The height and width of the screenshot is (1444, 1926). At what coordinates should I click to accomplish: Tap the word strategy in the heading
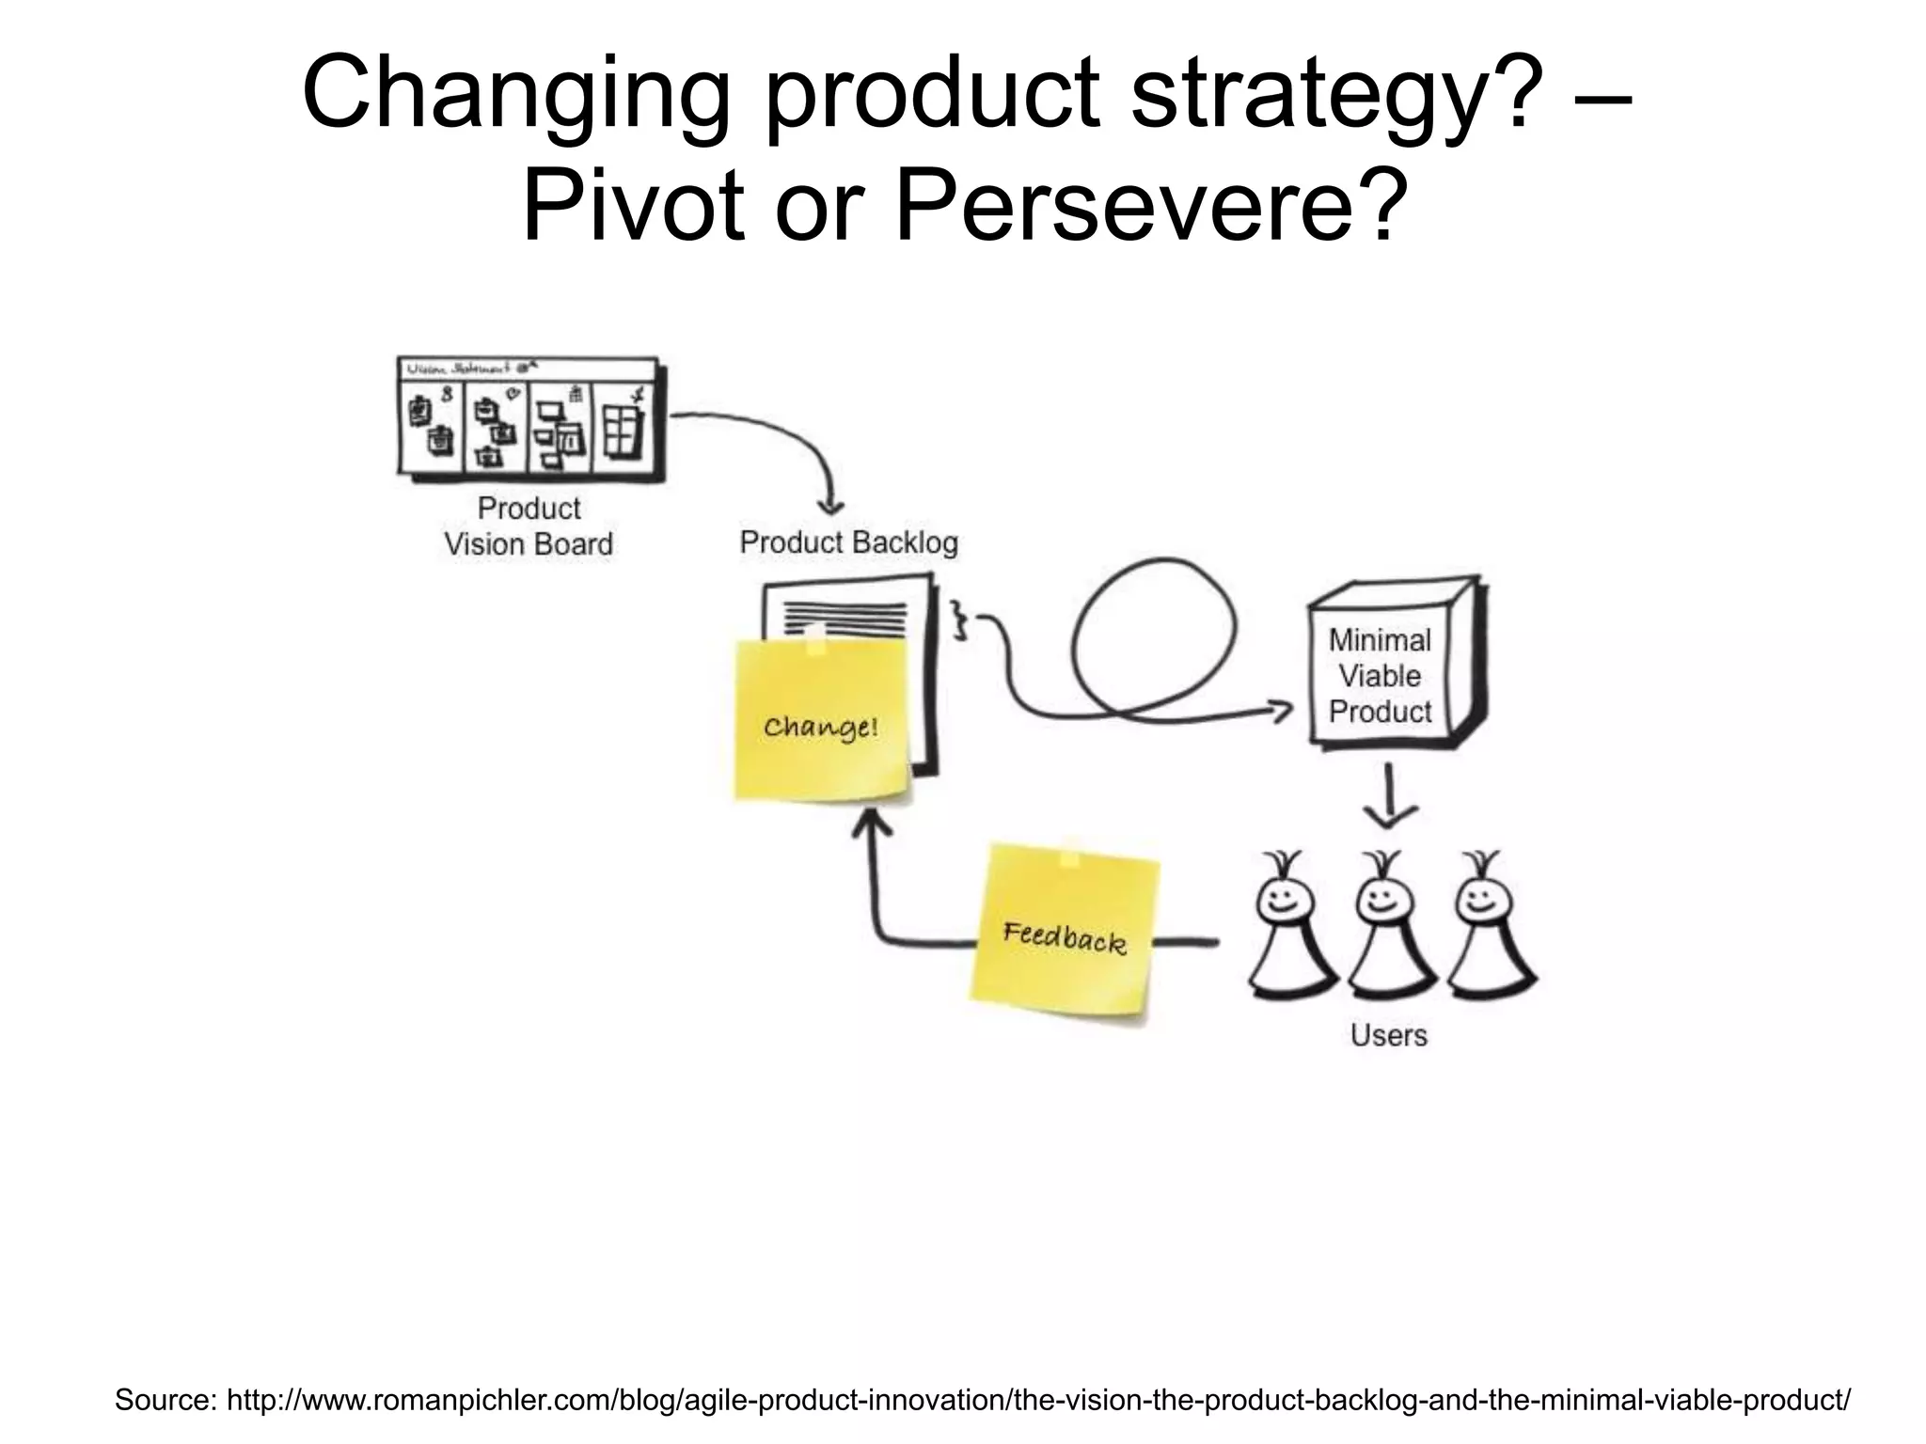point(1312,94)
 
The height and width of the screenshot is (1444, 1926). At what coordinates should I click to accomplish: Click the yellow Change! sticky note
point(822,720)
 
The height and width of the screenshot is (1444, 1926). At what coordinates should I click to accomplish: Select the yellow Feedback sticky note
point(1064,934)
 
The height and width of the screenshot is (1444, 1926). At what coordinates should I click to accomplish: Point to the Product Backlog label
point(848,542)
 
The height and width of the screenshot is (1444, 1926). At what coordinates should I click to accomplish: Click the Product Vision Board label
point(529,526)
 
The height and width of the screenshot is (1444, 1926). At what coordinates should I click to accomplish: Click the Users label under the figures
point(1388,1035)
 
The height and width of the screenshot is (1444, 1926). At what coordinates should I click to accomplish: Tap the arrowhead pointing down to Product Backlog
point(830,506)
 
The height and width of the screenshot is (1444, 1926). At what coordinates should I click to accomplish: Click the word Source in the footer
point(165,1400)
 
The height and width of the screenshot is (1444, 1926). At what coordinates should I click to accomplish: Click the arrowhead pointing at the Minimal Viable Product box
point(1281,711)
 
